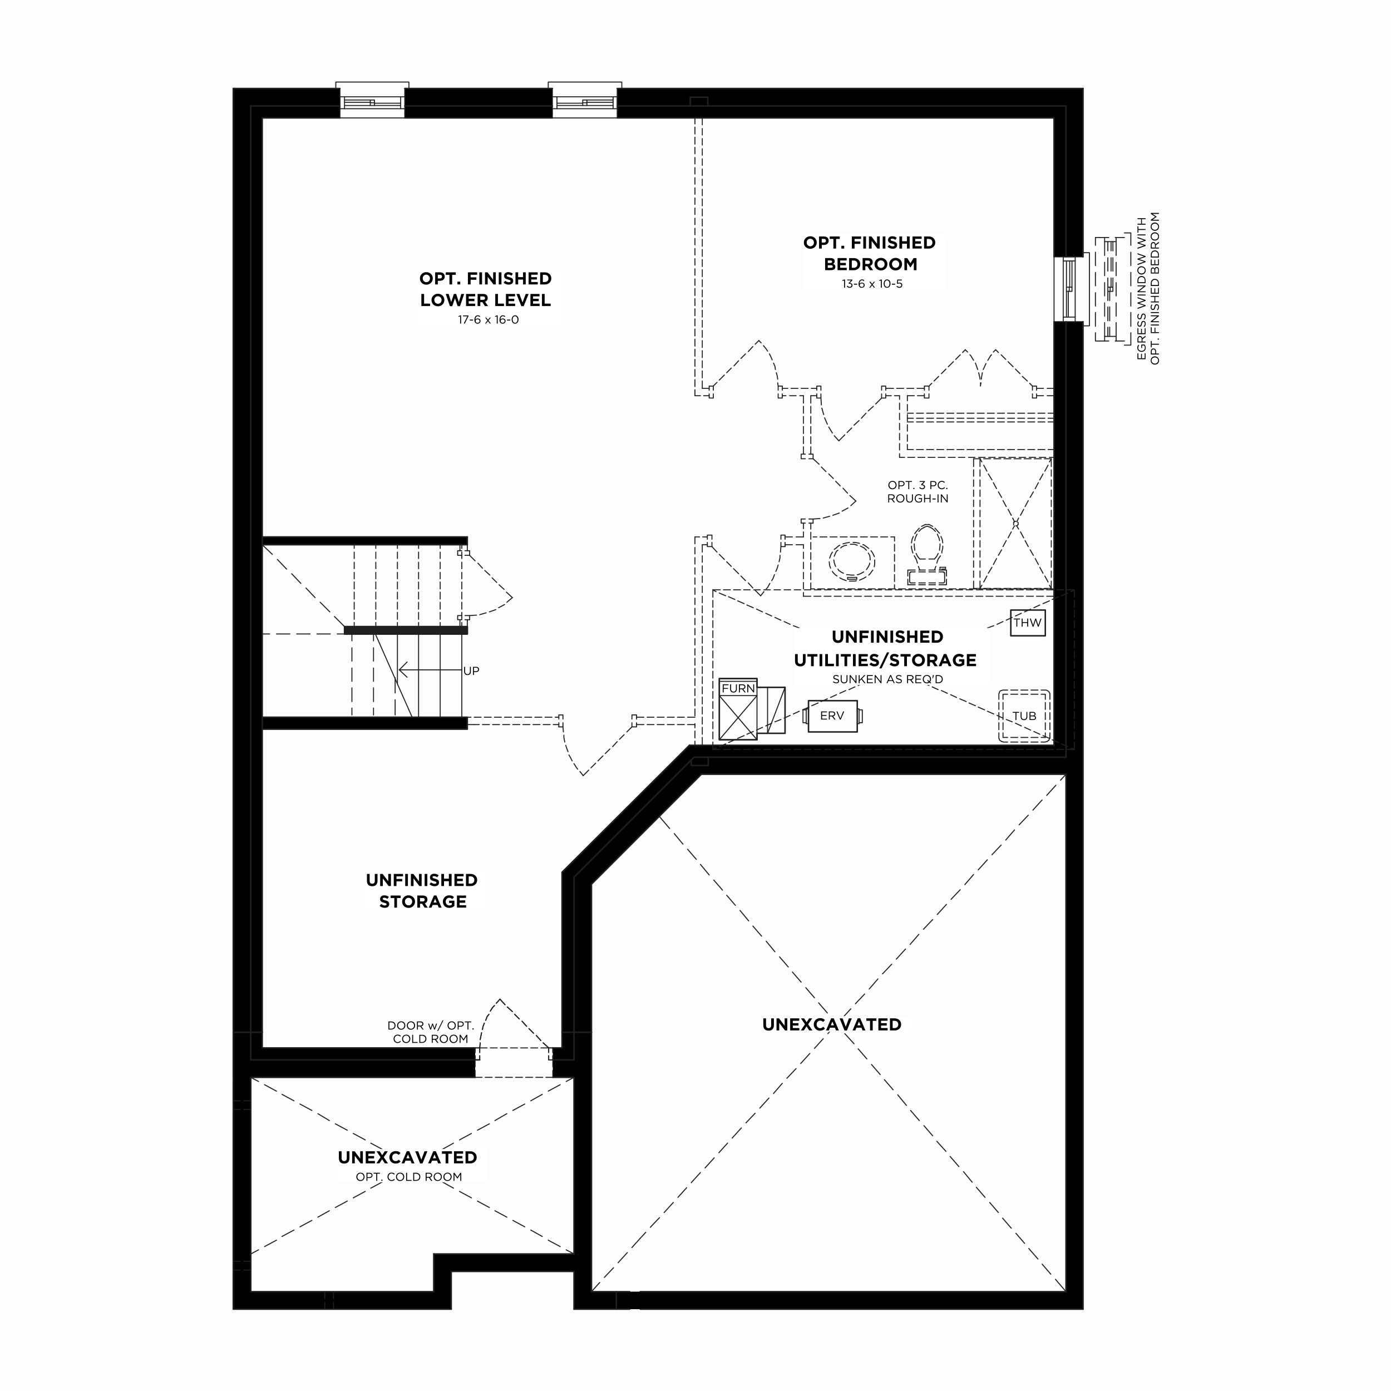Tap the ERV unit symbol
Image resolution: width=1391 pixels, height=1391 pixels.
(x=833, y=716)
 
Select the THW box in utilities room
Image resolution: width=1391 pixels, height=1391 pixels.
(x=1028, y=623)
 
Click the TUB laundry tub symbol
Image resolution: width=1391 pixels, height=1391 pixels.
(x=1024, y=716)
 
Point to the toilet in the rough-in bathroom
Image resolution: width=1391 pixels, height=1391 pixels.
(x=928, y=554)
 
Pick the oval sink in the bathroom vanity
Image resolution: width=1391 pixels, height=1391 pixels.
(x=852, y=561)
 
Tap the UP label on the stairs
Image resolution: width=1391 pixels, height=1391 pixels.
(x=471, y=671)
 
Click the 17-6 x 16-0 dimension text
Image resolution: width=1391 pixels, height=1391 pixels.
(x=488, y=320)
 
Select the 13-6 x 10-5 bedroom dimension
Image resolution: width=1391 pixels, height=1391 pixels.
(x=872, y=284)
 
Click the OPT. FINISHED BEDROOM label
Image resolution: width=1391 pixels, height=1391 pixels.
(x=870, y=253)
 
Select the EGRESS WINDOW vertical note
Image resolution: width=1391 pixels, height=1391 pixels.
(x=1148, y=288)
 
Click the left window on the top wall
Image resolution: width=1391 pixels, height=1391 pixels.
(x=372, y=101)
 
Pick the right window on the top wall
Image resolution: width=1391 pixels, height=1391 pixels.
(x=585, y=101)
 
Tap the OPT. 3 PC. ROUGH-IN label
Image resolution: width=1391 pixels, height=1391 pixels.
(x=918, y=492)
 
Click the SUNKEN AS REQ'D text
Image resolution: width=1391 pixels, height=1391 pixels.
(x=887, y=679)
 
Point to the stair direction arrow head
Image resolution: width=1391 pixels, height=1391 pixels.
(x=402, y=670)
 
